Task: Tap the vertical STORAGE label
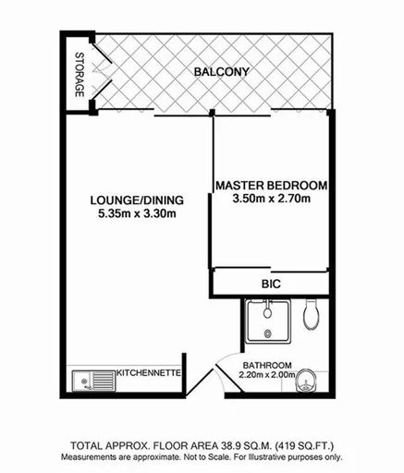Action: [x=80, y=74]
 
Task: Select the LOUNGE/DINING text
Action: [x=136, y=200]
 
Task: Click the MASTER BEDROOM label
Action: [x=271, y=186]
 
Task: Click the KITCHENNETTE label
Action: [x=148, y=373]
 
